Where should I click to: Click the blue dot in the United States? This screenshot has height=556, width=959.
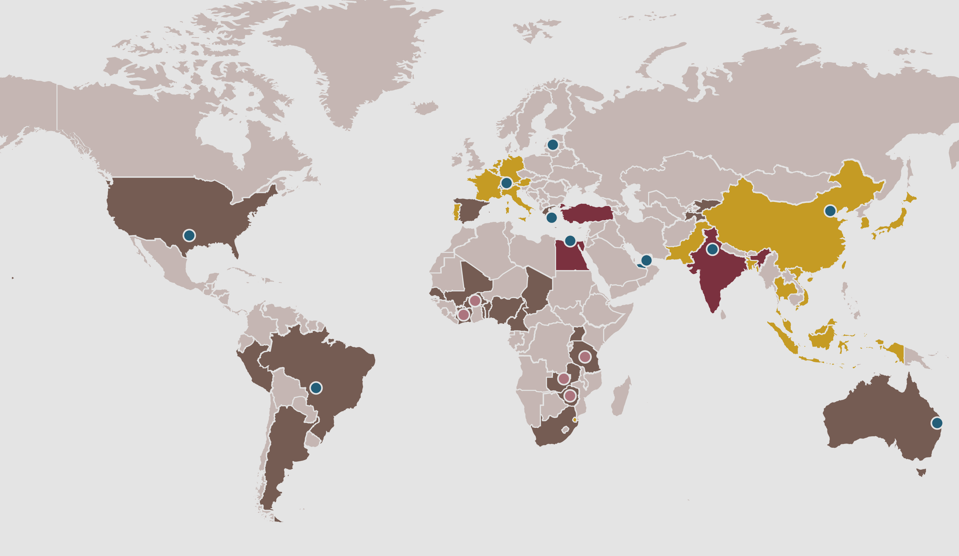[x=189, y=235]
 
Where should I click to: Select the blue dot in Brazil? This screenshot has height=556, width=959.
[x=316, y=387]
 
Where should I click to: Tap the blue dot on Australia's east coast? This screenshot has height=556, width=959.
[x=937, y=423]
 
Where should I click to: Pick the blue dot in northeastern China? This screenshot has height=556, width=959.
[x=830, y=211]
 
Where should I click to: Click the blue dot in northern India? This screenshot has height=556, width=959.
[x=713, y=249]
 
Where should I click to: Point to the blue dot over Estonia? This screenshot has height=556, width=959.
[x=552, y=145]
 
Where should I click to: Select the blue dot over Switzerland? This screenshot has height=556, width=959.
[x=506, y=183]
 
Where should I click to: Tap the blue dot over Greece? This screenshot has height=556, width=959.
[x=551, y=217]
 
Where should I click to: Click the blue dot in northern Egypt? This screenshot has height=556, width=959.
[x=570, y=241]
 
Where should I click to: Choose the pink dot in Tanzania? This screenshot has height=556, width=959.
[x=585, y=357]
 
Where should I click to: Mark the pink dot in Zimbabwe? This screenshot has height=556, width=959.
[x=570, y=396]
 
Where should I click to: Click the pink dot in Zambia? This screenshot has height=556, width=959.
[x=563, y=378]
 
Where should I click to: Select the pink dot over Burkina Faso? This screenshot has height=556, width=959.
[x=475, y=301]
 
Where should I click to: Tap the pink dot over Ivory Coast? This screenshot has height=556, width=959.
[x=463, y=315]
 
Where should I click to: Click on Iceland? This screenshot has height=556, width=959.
[x=426, y=108]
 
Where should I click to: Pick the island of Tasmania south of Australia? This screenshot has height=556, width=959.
[x=922, y=472]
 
